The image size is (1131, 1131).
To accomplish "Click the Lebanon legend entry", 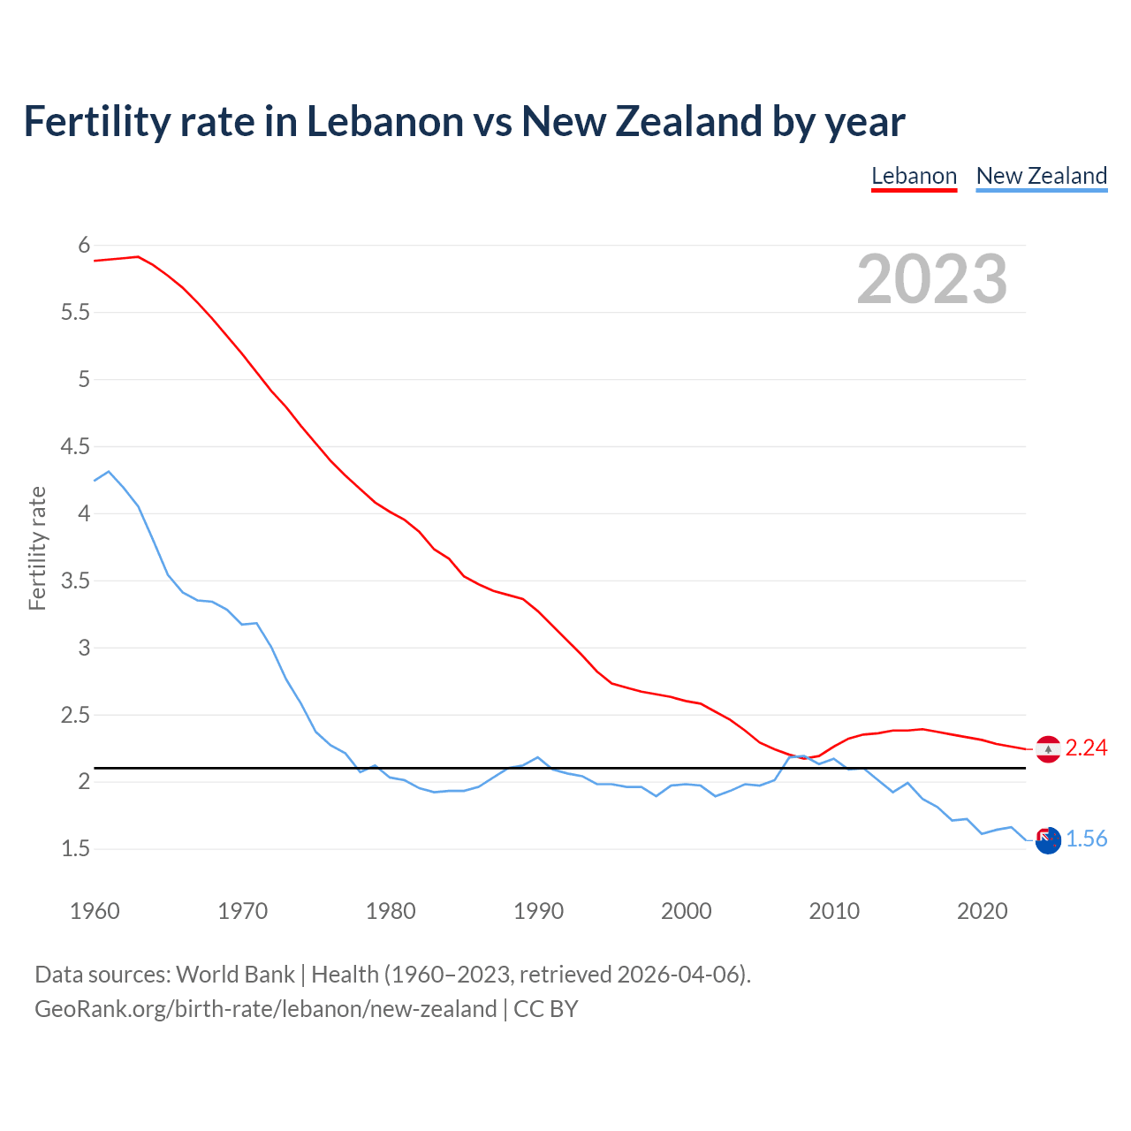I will coord(914,176).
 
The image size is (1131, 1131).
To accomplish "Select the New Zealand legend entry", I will coord(1041,176).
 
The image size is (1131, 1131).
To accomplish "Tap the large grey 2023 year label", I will coord(932,279).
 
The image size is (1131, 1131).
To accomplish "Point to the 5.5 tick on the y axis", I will coord(75,312).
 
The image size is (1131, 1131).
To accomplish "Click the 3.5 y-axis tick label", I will coord(75,581).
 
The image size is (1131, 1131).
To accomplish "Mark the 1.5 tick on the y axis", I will coord(75,849).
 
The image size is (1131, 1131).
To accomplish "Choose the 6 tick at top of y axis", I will coord(84,245).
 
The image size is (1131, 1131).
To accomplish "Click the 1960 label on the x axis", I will coord(95,911).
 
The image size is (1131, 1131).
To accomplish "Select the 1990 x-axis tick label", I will coord(538,911).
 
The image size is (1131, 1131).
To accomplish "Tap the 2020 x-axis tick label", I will coord(982,911).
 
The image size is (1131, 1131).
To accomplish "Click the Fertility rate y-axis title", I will coord(37,548).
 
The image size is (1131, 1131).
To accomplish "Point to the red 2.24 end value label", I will coord(1086,748).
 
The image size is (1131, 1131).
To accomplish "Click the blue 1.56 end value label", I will coord(1086,839).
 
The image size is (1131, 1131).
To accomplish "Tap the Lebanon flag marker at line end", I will coord(1048,749).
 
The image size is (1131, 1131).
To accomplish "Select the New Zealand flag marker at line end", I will coord(1048,841).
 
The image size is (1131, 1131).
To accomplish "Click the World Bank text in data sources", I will coord(235,975).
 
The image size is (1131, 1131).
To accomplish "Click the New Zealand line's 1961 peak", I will coord(109,472).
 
